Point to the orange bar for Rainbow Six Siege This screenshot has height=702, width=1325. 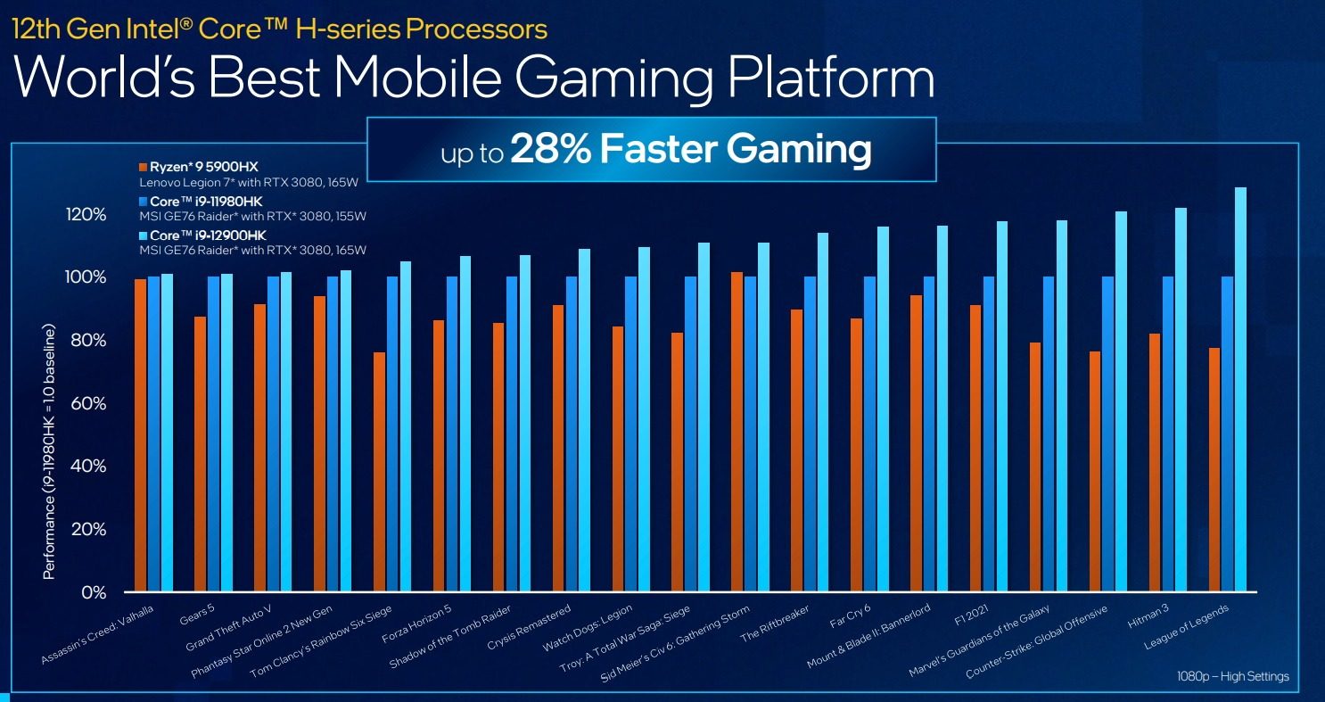coord(379,472)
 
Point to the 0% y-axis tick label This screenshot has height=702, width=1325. coord(93,592)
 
